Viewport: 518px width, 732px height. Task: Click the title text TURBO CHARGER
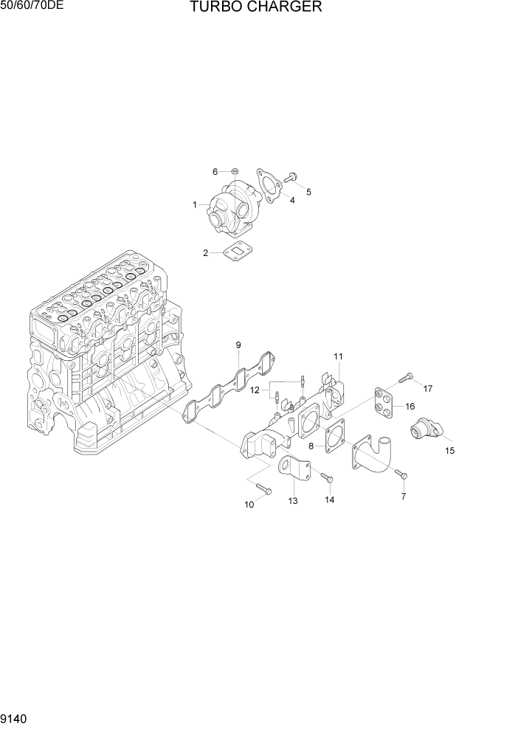click(x=255, y=8)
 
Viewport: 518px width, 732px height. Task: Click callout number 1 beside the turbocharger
click(x=196, y=204)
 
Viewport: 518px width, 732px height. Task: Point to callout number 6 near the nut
click(x=215, y=171)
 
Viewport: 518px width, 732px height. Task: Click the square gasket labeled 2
click(x=235, y=251)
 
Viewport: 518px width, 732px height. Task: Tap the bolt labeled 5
click(x=291, y=176)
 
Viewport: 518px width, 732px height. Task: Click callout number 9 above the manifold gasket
click(x=238, y=345)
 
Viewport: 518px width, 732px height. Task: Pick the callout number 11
click(x=338, y=357)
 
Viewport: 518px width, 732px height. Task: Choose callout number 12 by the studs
click(x=254, y=389)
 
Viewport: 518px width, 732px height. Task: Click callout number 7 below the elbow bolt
click(x=404, y=497)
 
